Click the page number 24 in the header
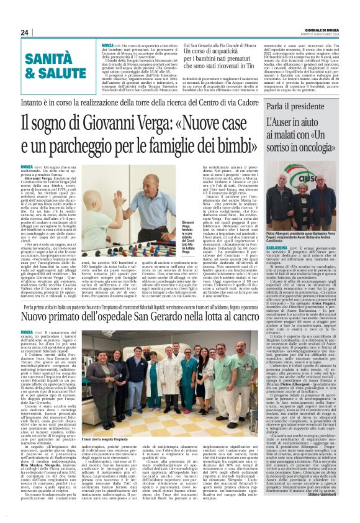(x=25, y=32)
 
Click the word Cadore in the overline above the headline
(x=254, y=99)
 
